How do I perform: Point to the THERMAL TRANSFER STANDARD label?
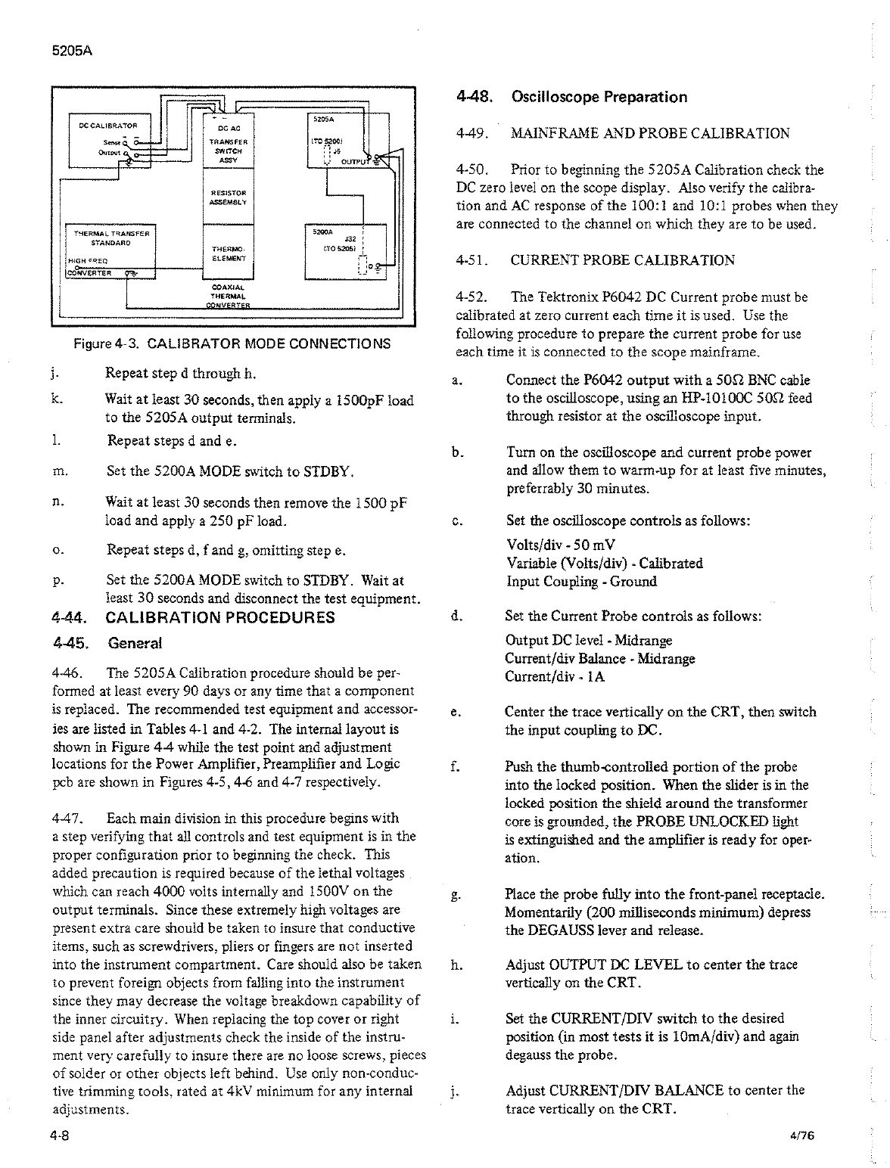[x=110, y=238]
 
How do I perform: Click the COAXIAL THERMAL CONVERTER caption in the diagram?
[x=226, y=296]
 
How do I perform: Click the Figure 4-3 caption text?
[x=232, y=343]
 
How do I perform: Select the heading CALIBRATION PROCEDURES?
[x=219, y=617]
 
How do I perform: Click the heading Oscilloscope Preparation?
[x=599, y=97]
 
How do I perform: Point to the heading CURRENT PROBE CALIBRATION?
[x=622, y=260]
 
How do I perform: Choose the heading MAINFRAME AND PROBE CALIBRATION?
[x=650, y=134]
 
